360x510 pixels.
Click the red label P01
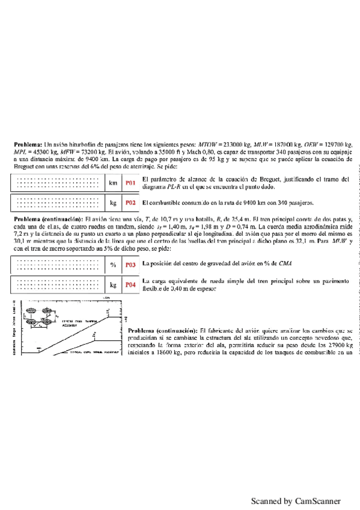(x=130, y=182)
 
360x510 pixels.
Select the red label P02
(x=130, y=203)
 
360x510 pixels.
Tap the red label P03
(x=130, y=264)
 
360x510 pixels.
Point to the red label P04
(x=130, y=284)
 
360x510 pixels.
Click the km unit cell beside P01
(x=113, y=182)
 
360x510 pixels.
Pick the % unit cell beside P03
(x=113, y=264)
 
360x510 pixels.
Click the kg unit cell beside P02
(x=113, y=203)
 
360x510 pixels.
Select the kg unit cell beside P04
(x=113, y=284)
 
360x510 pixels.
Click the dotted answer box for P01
(x=58, y=182)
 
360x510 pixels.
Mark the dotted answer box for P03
(x=58, y=264)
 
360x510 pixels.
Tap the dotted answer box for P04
(x=58, y=284)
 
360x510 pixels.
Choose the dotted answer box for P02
(x=58, y=203)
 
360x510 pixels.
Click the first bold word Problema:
(x=28, y=146)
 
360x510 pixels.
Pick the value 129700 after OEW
(x=338, y=146)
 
